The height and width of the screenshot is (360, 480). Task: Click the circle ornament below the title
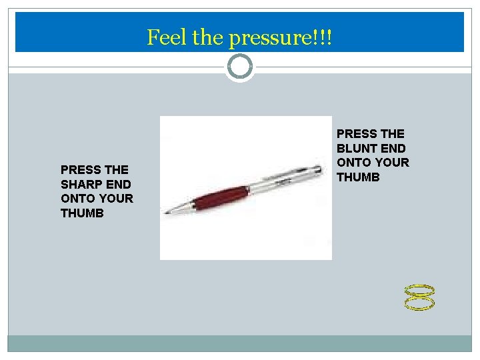coord(240,66)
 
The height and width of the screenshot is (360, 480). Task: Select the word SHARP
coord(82,184)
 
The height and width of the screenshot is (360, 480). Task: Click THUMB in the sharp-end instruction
coord(82,213)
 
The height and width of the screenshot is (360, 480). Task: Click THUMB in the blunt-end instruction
coord(358,177)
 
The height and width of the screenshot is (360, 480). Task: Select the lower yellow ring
coord(420,304)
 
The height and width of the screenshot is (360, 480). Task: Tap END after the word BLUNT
coord(393,148)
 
